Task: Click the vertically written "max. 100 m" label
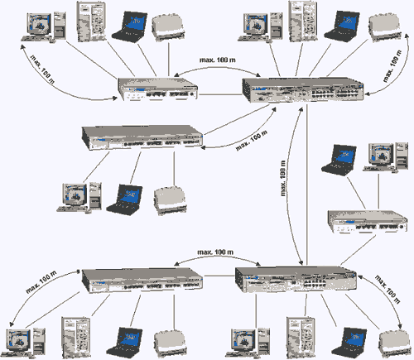coord(283,178)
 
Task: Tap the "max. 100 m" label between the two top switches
coord(218,60)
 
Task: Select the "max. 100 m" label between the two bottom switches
coord(215,252)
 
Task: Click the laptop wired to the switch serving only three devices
coord(124,199)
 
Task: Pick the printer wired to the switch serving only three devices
coord(170,200)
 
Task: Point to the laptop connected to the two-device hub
coord(339,160)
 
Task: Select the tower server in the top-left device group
coord(91,22)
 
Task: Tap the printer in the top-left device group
coord(168,27)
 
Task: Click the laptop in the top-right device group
coord(342,26)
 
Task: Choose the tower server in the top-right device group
coord(303,22)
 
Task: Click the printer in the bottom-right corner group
coord(395,343)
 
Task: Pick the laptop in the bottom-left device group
coord(124,343)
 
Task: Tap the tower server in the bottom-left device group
coord(76,338)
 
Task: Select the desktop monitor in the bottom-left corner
coord(19,340)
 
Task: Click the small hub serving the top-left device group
coord(157,89)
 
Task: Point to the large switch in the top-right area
coord(303,90)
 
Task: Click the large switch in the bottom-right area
coord(296,279)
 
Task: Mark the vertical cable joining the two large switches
coord(307,185)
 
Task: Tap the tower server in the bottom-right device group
coord(301,338)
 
